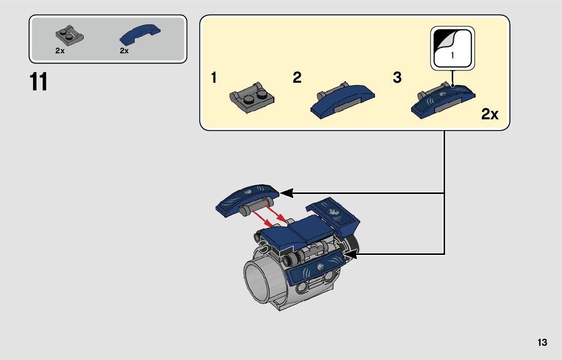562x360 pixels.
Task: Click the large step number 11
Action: point(39,82)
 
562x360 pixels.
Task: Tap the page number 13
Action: point(542,343)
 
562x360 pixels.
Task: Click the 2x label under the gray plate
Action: point(60,51)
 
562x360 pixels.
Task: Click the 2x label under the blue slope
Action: point(124,51)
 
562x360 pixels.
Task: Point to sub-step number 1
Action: point(214,78)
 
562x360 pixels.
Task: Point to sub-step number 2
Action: point(297,78)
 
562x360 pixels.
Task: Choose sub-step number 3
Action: point(397,78)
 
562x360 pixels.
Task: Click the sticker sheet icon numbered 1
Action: point(452,48)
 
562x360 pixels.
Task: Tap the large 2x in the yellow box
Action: point(490,115)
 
